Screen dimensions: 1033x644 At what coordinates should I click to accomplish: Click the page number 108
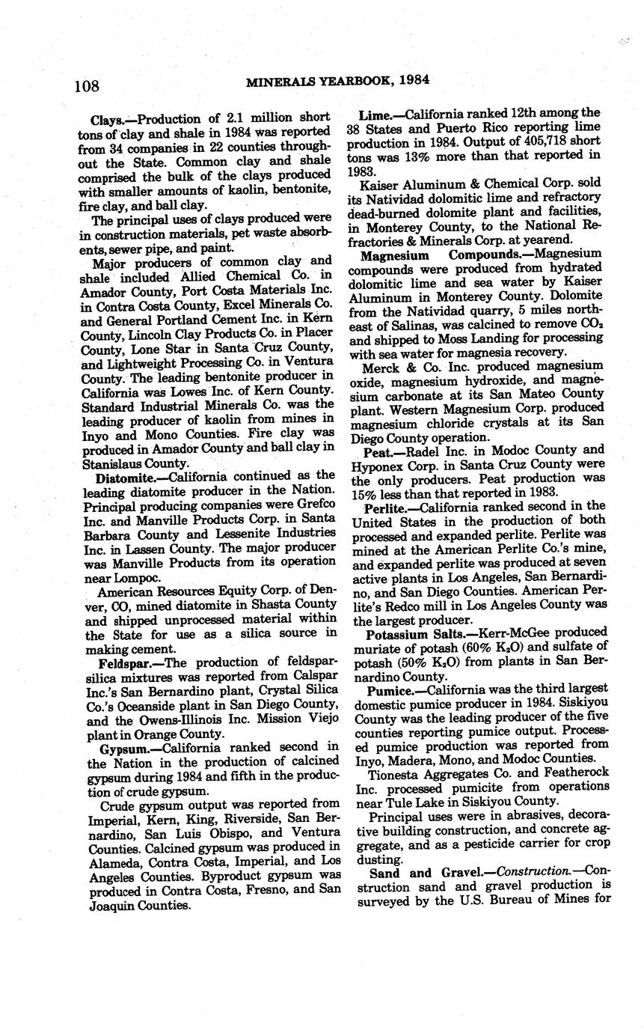click(87, 86)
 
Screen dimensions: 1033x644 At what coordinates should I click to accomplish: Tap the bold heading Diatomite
click(123, 476)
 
